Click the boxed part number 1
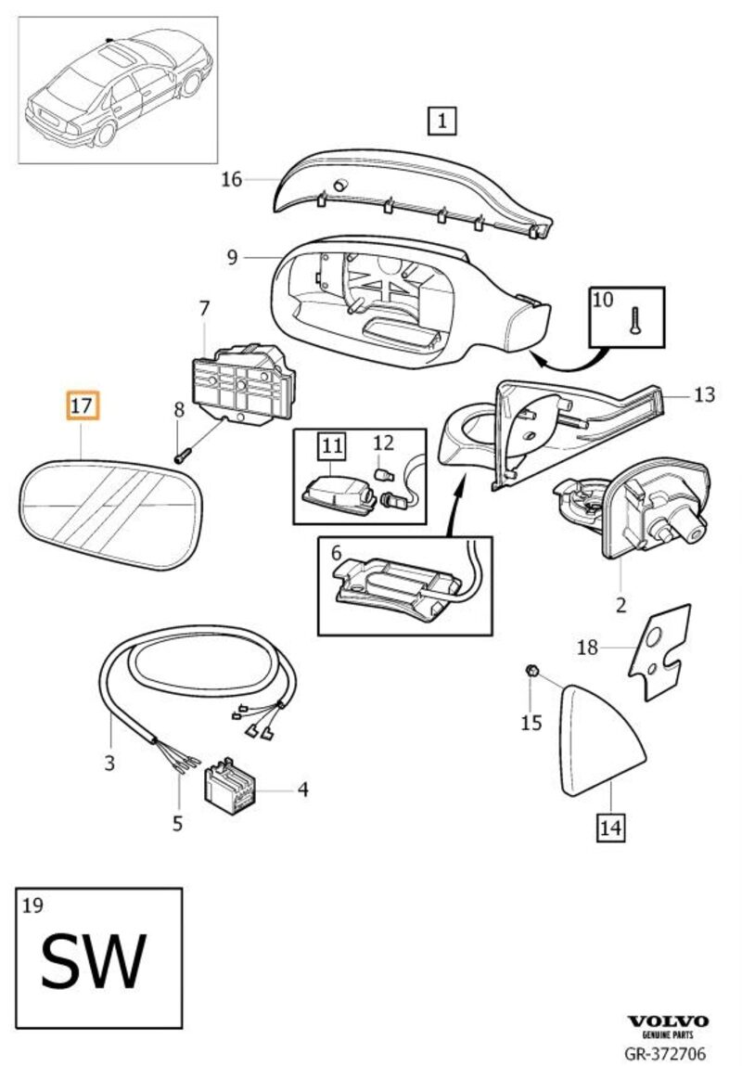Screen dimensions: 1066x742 [442, 120]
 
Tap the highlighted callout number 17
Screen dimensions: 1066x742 [81, 406]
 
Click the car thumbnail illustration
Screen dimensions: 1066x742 [118, 88]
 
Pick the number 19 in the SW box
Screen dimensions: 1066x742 [32, 905]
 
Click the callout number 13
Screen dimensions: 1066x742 [704, 394]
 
